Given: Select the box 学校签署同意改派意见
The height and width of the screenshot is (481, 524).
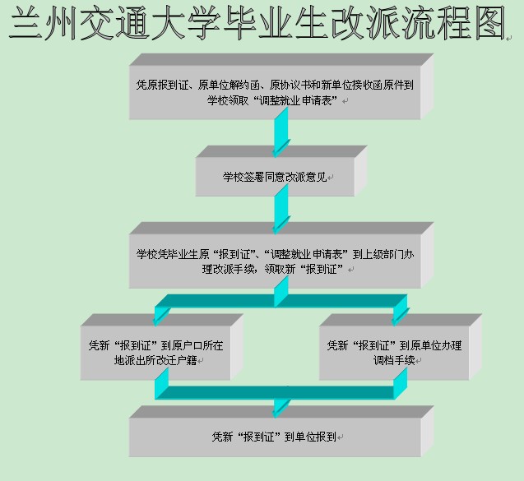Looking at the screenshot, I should coord(275,177).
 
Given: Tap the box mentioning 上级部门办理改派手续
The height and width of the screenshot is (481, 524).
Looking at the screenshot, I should coord(275,261).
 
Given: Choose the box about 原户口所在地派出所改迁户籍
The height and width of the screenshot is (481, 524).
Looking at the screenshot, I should coord(155,353).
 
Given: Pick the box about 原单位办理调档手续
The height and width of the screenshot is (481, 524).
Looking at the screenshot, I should coord(395,353).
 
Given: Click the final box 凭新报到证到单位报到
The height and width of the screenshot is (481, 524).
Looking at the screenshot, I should coord(275,437).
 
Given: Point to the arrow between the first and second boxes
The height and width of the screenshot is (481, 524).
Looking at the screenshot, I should coord(281,132).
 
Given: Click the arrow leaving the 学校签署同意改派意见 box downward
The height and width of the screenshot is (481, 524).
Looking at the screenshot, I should coord(281,212).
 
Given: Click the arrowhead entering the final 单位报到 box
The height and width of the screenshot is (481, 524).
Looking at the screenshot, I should coord(281,408).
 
